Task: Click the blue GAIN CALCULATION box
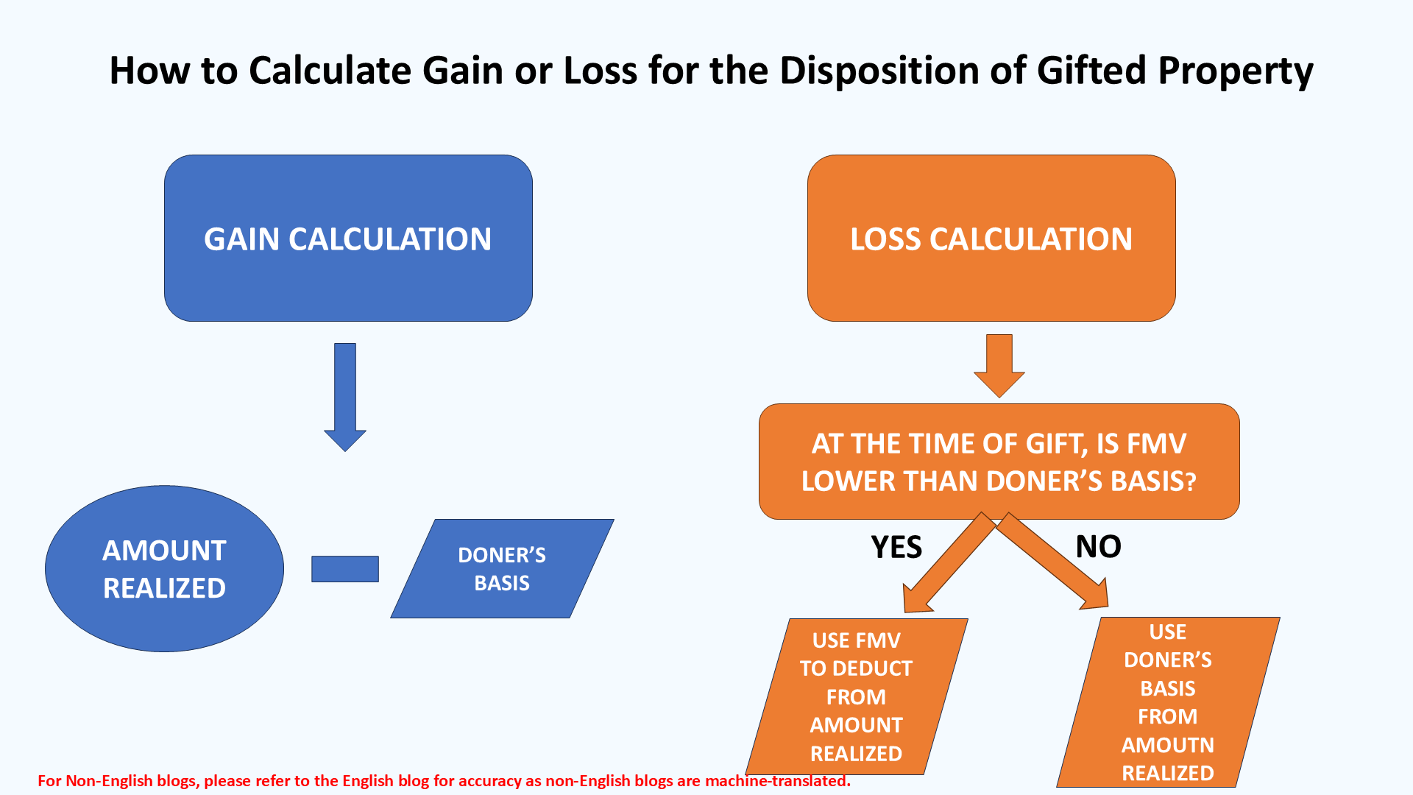click(x=348, y=238)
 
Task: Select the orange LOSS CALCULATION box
click(x=991, y=238)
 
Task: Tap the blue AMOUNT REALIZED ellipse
click(x=164, y=568)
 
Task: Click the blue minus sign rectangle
click(x=345, y=569)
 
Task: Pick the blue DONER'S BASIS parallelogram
click(x=502, y=568)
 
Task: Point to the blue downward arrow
click(x=345, y=397)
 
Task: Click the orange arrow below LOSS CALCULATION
click(x=999, y=366)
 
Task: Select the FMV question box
click(x=999, y=462)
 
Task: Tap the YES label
click(x=896, y=547)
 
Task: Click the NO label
click(x=1099, y=546)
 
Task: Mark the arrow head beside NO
click(x=1096, y=594)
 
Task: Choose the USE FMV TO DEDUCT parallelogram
click(x=857, y=696)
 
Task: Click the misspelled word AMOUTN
click(x=1168, y=745)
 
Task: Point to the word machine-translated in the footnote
click(x=777, y=781)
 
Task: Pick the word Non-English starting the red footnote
click(x=109, y=781)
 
